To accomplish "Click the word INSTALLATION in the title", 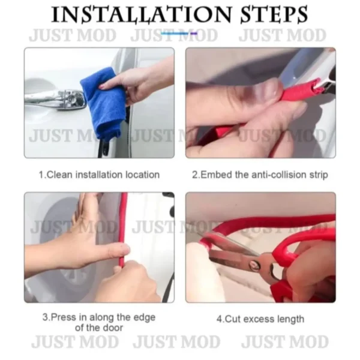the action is click(x=141, y=14).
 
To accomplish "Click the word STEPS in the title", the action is click(x=274, y=14).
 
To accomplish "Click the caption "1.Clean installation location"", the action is click(x=99, y=175).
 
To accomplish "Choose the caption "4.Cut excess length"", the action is click(x=260, y=319).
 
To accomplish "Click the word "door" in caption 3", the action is click(x=113, y=328).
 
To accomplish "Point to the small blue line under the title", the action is click(x=179, y=34).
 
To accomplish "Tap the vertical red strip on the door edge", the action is click(x=123, y=230).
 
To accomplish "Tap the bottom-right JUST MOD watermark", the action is click(x=285, y=341).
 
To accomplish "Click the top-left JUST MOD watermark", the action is click(x=73, y=35).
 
